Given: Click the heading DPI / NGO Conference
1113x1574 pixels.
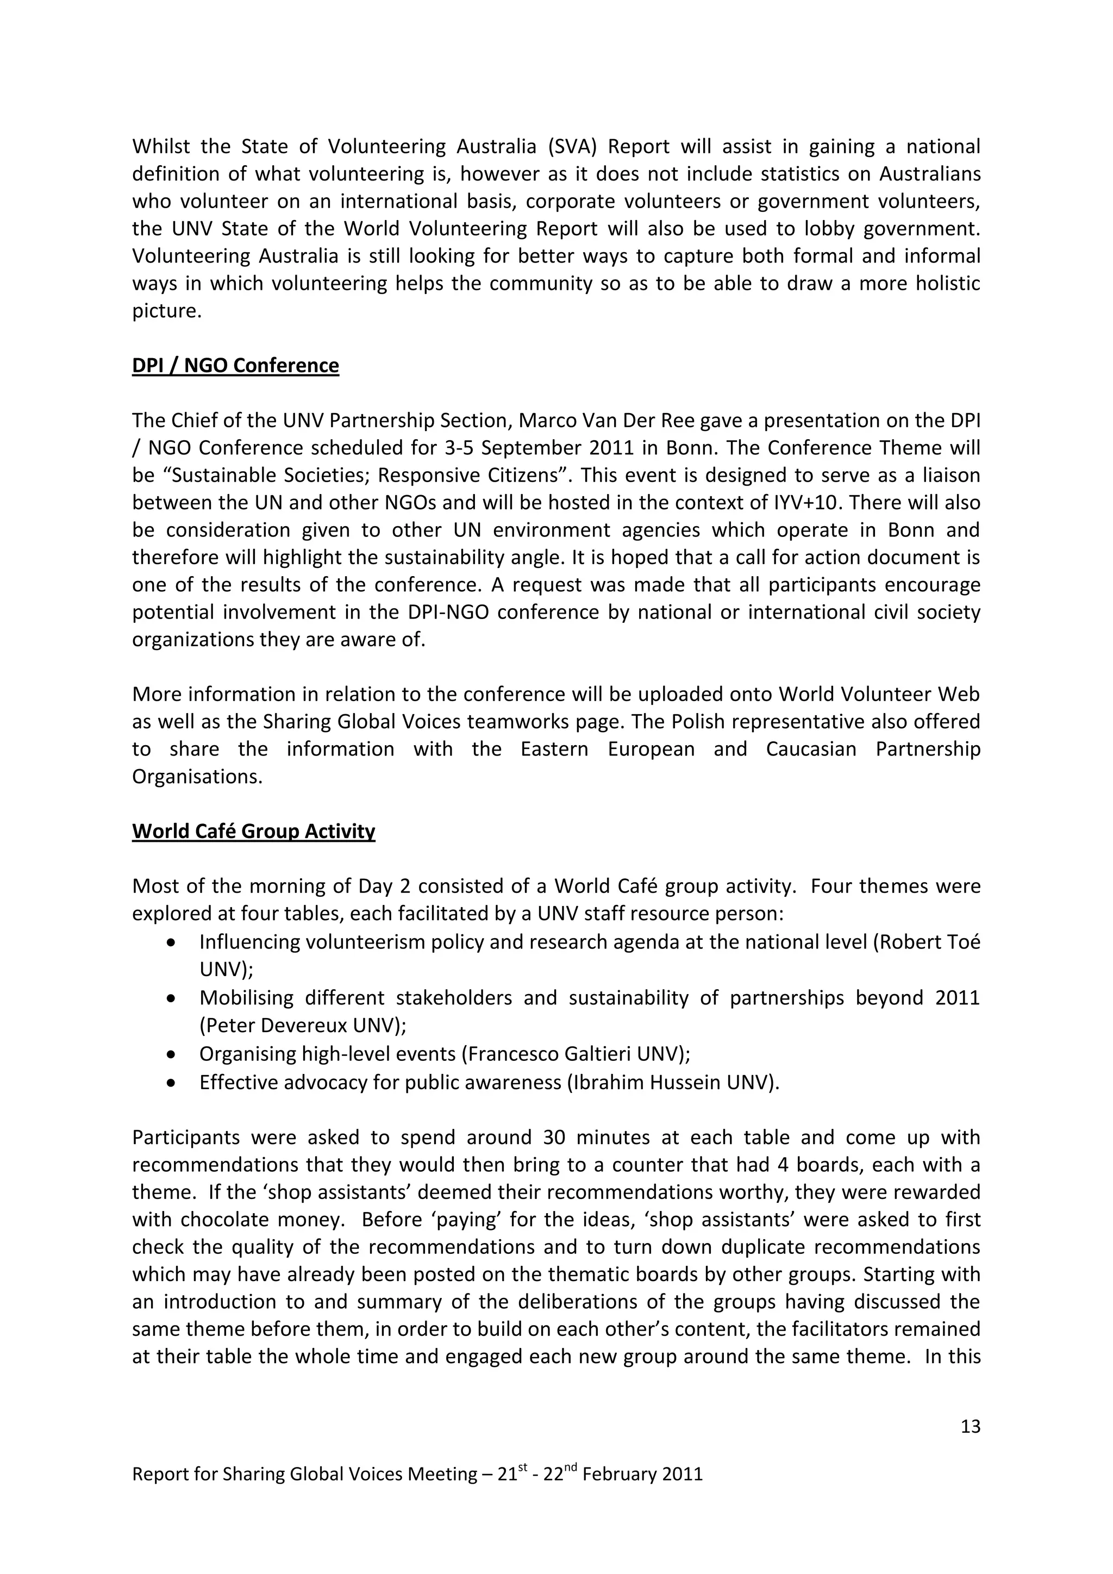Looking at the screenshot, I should (x=235, y=365).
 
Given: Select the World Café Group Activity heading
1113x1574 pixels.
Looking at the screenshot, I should (x=254, y=832).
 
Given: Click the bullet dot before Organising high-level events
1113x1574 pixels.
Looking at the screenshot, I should (x=171, y=1054).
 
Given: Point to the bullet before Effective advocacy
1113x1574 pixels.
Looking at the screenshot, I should (x=171, y=1083).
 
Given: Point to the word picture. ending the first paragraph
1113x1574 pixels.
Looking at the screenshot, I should (x=166, y=311).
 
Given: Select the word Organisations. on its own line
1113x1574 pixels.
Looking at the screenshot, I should (x=197, y=777).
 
